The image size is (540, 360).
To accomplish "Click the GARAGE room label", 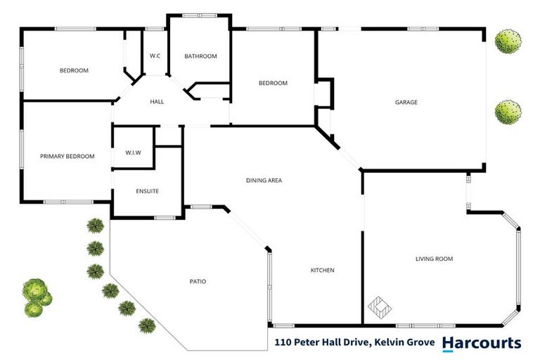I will click(x=406, y=103).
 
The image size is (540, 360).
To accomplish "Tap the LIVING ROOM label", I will click(x=434, y=259).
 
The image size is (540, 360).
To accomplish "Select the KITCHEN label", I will click(x=323, y=271).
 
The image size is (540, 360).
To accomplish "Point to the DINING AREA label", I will click(x=264, y=181).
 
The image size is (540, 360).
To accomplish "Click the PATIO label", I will click(x=198, y=282).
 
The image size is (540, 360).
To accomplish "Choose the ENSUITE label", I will click(x=147, y=191).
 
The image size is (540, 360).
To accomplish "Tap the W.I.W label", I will click(x=134, y=153).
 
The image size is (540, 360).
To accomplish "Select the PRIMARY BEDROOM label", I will click(x=67, y=156).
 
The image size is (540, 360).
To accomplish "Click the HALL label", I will click(x=157, y=102).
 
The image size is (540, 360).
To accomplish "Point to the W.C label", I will click(x=156, y=56).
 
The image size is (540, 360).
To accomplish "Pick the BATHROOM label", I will click(x=200, y=56).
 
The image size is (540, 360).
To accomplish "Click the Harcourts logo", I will click(x=482, y=343).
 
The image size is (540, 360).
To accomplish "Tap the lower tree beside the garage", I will click(x=508, y=112).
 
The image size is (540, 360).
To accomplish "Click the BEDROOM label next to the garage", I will click(x=273, y=83).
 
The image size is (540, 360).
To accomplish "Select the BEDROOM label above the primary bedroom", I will click(x=74, y=70).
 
